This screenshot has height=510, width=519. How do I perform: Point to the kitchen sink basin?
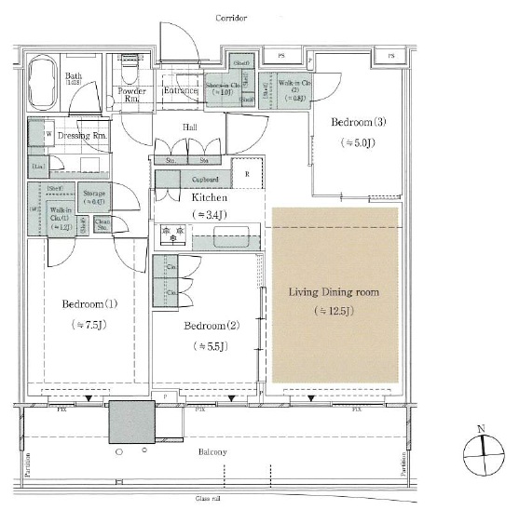pos(229,237)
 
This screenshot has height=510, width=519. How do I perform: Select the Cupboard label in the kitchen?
pos(205,180)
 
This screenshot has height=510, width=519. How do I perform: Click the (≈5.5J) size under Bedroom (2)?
pos(210,345)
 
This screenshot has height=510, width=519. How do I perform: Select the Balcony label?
pos(212,451)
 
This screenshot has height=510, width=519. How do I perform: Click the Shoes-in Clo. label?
pos(218,87)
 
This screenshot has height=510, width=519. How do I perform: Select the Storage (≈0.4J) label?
pos(94,196)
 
